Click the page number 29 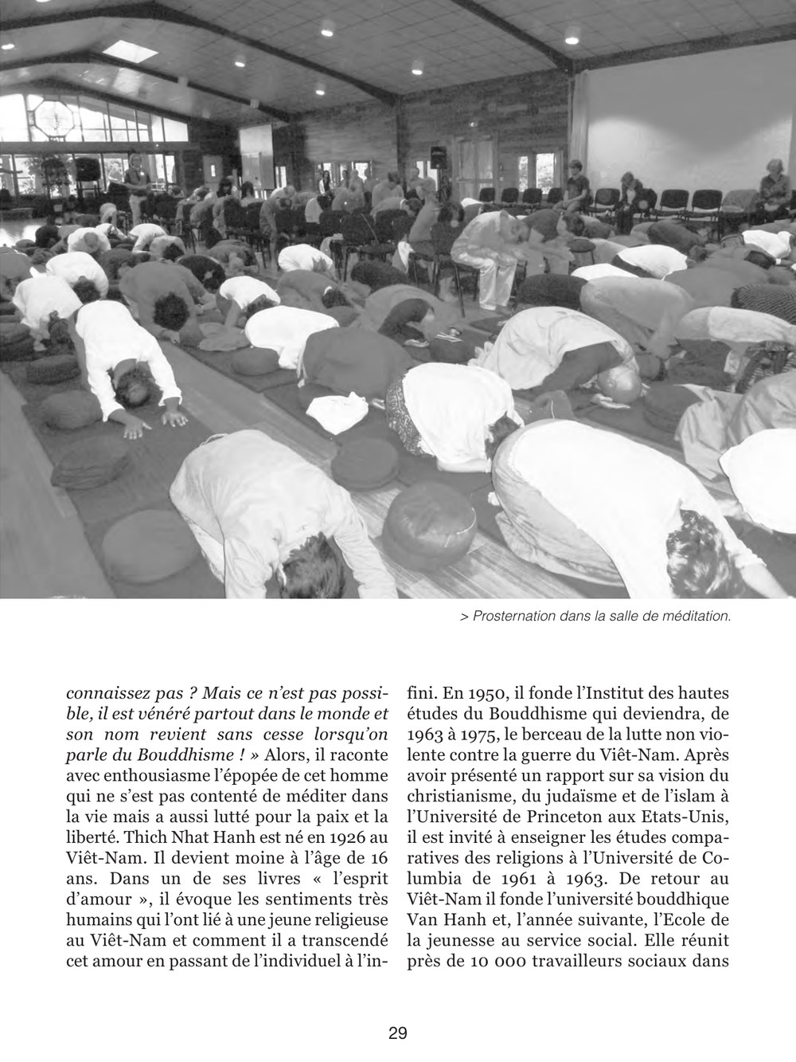tap(398, 1034)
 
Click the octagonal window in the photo tap(53, 118)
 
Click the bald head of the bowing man tap(620, 384)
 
